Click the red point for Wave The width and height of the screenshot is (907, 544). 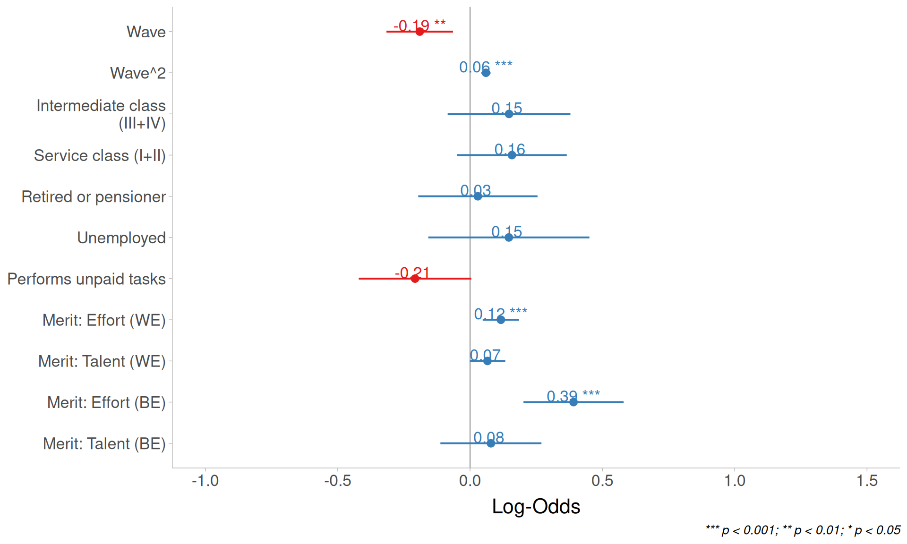[419, 32]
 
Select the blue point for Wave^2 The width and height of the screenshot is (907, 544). [486, 73]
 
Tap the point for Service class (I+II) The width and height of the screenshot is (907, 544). [512, 155]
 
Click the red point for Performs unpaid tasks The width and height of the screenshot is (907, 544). [415, 279]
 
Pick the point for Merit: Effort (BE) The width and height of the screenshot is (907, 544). [573, 402]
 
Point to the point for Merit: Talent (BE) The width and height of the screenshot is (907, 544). [491, 443]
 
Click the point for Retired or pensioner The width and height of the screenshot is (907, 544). [478, 196]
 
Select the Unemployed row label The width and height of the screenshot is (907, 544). [121, 238]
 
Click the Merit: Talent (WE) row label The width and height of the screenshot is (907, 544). [102, 361]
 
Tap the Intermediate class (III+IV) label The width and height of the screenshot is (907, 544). [101, 114]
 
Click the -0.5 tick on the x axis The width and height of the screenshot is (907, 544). [338, 481]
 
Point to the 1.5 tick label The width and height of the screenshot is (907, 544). [867, 481]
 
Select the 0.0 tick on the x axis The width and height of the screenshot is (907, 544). [470, 481]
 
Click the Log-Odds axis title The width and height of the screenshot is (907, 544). [536, 506]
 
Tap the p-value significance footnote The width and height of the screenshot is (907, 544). [803, 530]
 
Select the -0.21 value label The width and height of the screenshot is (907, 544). [412, 272]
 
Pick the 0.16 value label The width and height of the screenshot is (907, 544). [510, 149]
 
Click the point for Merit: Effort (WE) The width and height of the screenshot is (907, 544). [501, 320]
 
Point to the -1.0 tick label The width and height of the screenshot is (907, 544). [205, 481]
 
